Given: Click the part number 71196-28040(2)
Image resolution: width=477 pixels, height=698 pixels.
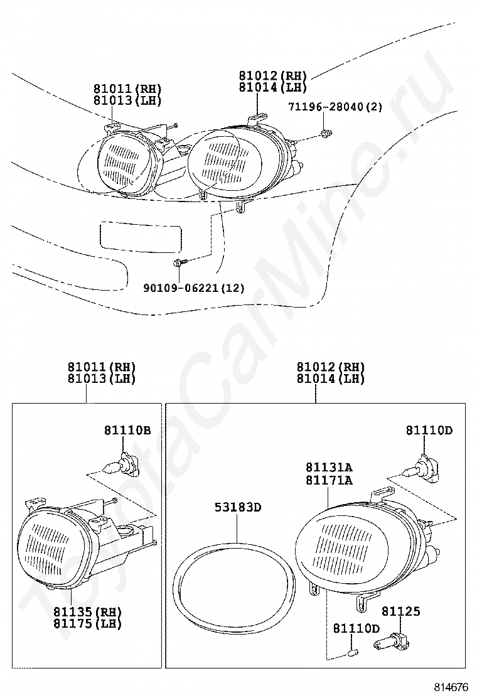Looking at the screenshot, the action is [x=335, y=107].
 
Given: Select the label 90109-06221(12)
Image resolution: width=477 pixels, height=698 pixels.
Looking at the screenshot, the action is [x=194, y=288].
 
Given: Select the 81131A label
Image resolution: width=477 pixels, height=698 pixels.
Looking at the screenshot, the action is [x=329, y=468].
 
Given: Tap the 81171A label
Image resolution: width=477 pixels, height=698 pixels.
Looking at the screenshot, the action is [x=329, y=480].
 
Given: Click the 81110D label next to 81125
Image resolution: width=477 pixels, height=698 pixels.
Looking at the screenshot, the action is [x=356, y=628].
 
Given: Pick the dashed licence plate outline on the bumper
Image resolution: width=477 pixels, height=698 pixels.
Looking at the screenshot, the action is [x=139, y=236].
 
